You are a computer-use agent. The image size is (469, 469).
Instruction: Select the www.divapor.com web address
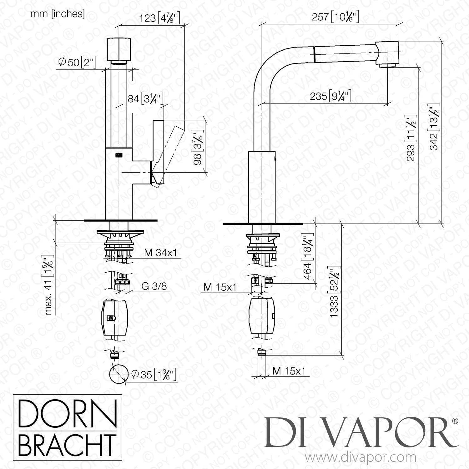coord(361,458)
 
